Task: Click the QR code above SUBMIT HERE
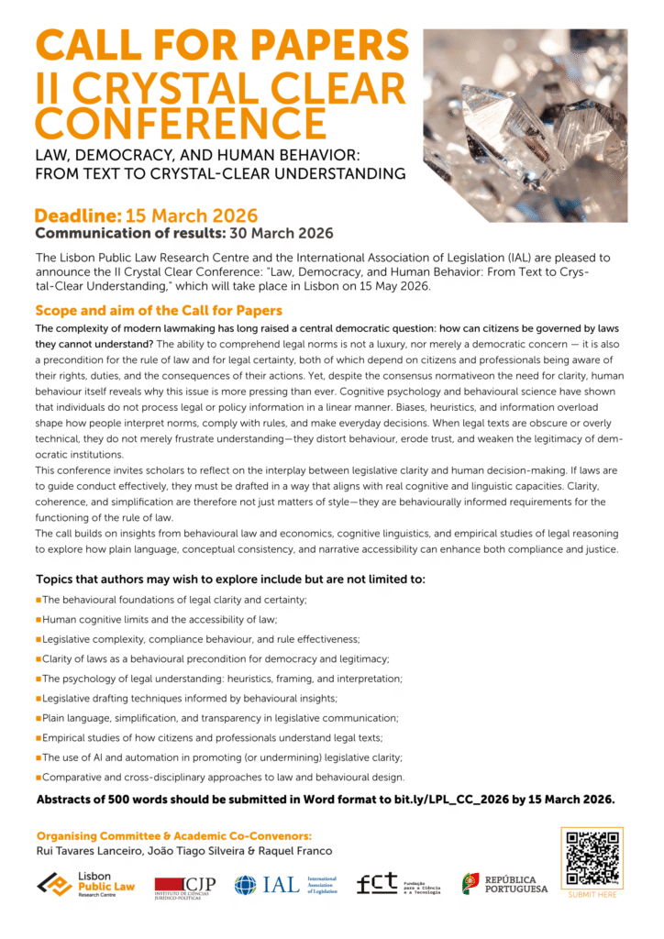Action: pos(592,858)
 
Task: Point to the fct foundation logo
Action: pos(397,884)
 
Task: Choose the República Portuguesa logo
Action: pos(504,883)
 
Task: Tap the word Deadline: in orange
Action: pos(78,215)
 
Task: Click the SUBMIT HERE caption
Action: pos(592,894)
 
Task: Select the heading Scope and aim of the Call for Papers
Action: pos(158,310)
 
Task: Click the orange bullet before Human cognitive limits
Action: pos(39,619)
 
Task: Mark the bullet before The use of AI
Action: pos(39,757)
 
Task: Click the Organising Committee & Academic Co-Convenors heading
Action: pos(174,835)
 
